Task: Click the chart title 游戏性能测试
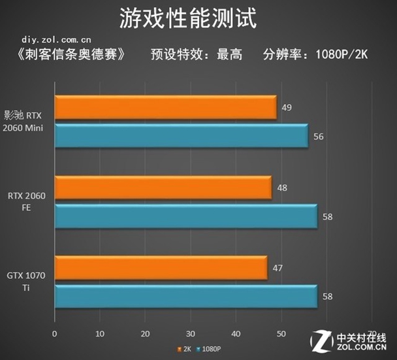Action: click(197, 18)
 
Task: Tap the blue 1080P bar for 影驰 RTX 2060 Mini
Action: click(181, 136)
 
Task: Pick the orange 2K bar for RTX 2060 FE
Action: click(163, 188)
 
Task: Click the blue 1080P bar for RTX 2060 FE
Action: click(185, 216)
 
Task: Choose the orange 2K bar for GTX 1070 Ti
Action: click(161, 268)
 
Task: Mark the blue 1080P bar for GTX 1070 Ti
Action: click(185, 296)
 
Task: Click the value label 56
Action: click(318, 137)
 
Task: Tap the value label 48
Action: click(282, 188)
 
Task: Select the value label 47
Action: click(278, 268)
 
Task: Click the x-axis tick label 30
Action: click(191, 334)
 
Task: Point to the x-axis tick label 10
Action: click(100, 334)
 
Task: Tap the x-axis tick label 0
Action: click(55, 334)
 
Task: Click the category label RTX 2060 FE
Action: click(26, 201)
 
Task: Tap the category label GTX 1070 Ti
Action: click(26, 282)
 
